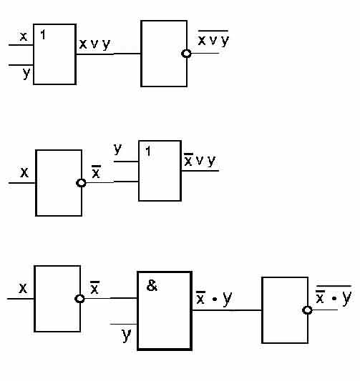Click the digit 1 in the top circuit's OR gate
43,34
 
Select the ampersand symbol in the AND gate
152,285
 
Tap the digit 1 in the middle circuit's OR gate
148,151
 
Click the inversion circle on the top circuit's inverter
186,54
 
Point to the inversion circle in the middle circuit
81,183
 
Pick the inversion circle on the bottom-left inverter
79,298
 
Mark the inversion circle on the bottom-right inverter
307,310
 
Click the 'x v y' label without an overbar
94,44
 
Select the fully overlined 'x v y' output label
213,39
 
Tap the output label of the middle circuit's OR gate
200,160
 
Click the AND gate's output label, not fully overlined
214,298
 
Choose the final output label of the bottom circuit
334,295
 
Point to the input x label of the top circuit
24,36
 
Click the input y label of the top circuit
26,73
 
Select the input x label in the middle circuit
24,172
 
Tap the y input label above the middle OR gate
117,149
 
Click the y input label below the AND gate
126,335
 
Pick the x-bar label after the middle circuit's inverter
96,172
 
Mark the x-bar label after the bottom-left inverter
94,287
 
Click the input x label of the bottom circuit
23,288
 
